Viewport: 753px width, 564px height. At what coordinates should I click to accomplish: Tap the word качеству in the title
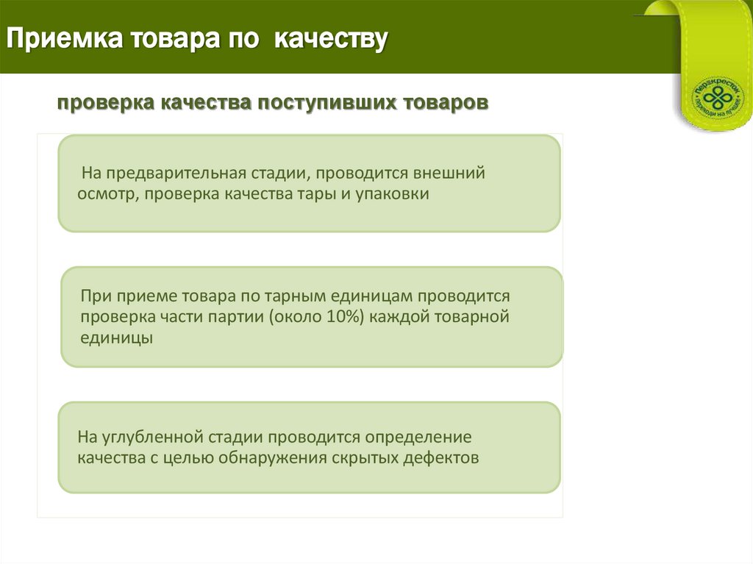point(331,39)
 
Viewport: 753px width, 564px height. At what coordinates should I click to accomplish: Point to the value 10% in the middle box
point(339,318)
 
